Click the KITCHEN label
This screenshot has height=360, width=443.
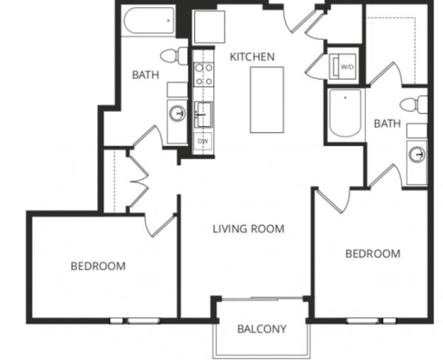point(252,57)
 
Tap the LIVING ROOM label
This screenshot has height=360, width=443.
point(248,229)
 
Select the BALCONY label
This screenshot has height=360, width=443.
point(262,329)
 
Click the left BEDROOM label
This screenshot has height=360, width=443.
point(98,266)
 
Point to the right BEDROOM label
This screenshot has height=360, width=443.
point(373,254)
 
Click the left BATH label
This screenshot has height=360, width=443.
point(145,75)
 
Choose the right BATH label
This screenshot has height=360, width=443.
point(387,123)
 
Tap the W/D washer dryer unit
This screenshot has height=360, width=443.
point(343,67)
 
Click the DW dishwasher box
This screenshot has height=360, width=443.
point(203,141)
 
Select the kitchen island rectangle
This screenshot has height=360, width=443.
point(267,100)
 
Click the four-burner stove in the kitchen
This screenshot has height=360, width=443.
point(204,75)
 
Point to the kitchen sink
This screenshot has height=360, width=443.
point(203,114)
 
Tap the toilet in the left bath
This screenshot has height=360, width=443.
point(174,56)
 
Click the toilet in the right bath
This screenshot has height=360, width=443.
point(414,105)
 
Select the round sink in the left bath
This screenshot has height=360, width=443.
point(177,114)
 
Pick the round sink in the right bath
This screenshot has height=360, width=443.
point(417,154)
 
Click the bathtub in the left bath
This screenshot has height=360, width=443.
point(149,21)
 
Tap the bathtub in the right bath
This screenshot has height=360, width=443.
point(346,113)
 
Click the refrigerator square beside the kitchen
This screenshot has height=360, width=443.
point(210,27)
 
